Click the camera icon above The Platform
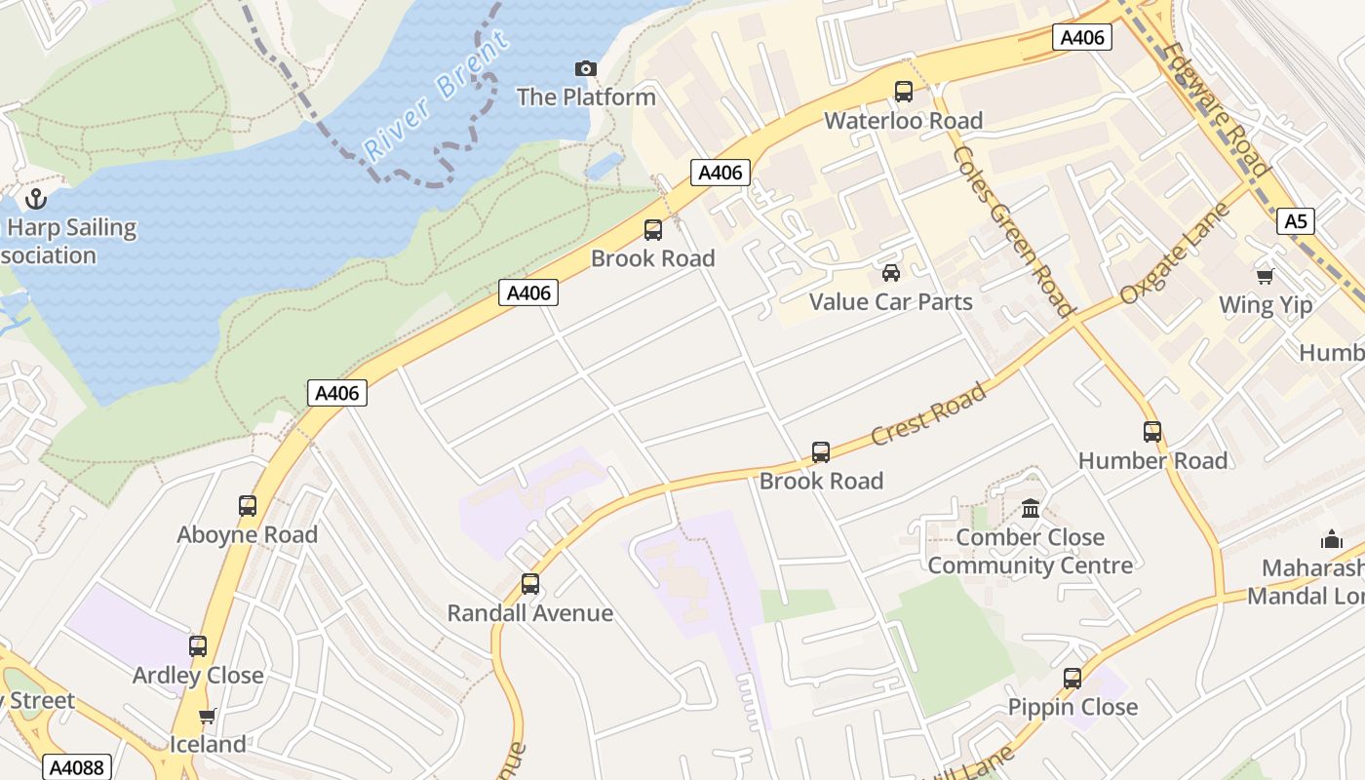585,68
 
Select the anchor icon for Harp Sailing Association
36,199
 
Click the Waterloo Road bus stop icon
904,92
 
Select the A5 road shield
1295,221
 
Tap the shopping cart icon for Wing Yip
1265,276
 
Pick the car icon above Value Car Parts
890,273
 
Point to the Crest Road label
927,414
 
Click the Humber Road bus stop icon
1152,431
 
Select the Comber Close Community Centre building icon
1031,508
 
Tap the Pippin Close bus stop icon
1072,679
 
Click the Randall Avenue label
529,613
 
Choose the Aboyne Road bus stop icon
248,506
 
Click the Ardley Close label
198,675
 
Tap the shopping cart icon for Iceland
207,717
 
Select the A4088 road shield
76,767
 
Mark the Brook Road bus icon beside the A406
653,230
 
